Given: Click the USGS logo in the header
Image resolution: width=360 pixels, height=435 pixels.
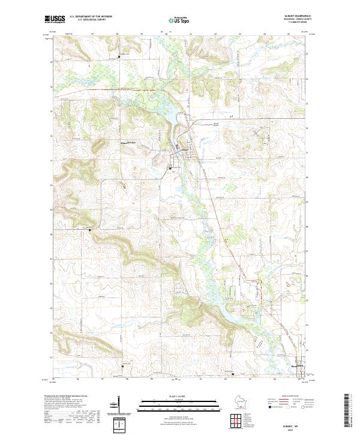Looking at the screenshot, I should [x=55, y=19].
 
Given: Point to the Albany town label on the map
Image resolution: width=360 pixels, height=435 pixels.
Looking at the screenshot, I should [x=184, y=149].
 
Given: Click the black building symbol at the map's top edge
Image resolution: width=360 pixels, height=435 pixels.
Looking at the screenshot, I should [x=119, y=56].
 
